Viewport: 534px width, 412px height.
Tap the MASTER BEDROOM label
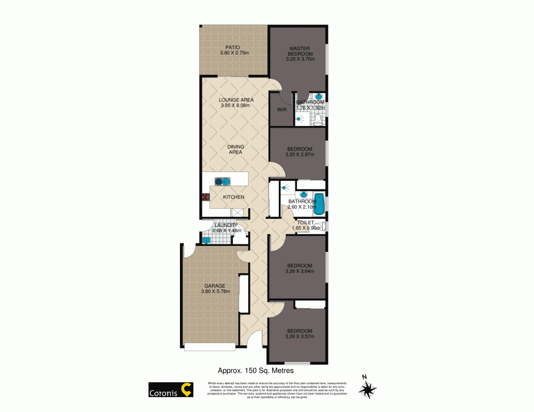(300, 51)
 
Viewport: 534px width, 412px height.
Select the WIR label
(281, 110)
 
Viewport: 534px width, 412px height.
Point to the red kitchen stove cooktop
(205, 197)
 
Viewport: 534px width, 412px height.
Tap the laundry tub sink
(206, 240)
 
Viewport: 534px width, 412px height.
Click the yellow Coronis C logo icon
(186, 390)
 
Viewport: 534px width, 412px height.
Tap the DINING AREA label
(235, 149)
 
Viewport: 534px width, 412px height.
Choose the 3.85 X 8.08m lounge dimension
(235, 106)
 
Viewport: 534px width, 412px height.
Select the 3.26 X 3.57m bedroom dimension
(299, 336)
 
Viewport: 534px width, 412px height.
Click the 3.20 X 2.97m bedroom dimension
(300, 155)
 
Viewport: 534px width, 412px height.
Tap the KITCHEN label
(233, 197)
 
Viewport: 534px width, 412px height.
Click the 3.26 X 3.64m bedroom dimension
(299, 271)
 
